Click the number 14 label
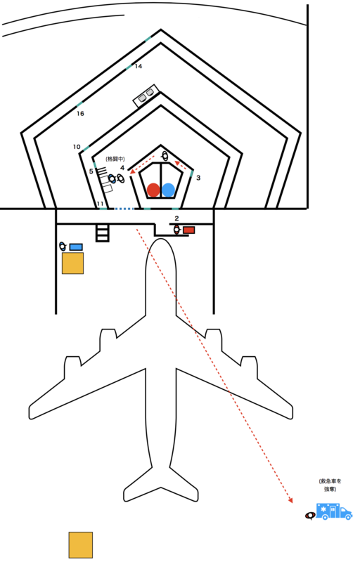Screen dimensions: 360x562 (139, 66)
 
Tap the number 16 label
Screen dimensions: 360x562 (80, 113)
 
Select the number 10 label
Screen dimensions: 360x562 (77, 147)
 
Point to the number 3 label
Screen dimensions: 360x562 (198, 178)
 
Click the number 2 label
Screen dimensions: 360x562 (176, 218)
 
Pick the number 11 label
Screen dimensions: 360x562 (101, 204)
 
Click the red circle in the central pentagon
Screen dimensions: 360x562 (153, 190)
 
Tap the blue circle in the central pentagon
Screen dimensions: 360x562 (168, 190)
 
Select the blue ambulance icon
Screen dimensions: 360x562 (334, 511)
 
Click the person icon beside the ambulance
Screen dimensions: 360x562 (310, 516)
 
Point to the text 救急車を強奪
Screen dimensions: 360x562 (330, 485)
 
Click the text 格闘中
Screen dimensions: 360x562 (115, 159)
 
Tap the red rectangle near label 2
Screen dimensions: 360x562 (189, 230)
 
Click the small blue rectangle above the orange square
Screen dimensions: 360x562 (76, 247)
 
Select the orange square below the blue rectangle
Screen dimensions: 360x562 (73, 263)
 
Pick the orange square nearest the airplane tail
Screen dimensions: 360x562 (81, 545)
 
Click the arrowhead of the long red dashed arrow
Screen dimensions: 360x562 (290, 500)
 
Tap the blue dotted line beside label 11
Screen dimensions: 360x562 (124, 208)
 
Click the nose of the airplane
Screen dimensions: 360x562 (161, 240)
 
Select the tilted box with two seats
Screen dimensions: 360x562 (146, 95)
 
